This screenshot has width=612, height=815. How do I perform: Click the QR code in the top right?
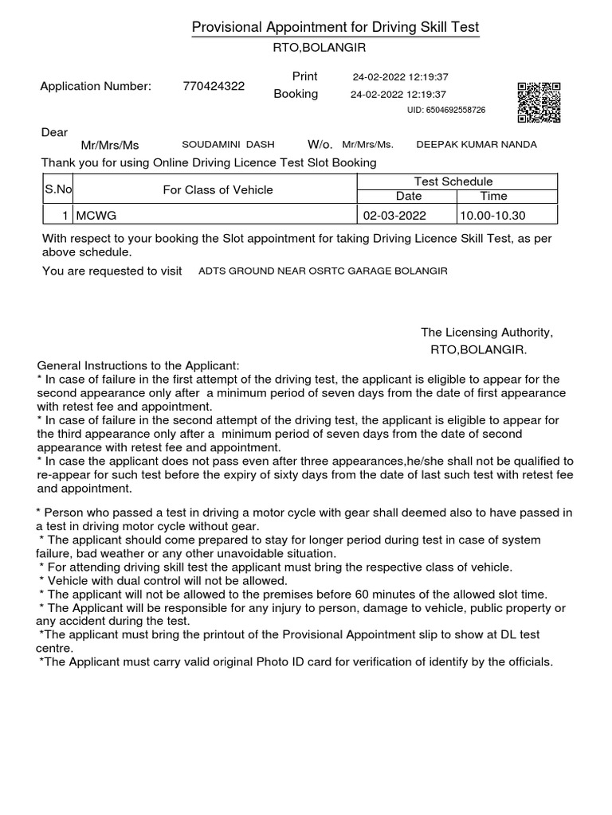point(539,102)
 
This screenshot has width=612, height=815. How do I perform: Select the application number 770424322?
point(214,87)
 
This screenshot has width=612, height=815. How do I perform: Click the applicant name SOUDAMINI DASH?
point(228,145)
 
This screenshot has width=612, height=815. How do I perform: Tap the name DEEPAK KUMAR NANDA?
point(477,145)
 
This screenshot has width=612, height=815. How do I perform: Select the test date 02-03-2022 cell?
point(394,216)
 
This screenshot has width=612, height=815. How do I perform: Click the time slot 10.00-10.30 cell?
point(492,216)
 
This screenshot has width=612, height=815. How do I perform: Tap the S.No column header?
point(57,189)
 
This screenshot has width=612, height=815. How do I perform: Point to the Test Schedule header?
point(453,181)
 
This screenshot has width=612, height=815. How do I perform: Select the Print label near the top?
point(304,76)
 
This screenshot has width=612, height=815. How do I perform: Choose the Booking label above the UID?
point(296,94)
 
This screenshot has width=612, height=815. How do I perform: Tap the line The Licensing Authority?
point(486,333)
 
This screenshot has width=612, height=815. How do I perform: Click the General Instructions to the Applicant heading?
point(138,365)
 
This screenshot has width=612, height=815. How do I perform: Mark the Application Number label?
point(96,87)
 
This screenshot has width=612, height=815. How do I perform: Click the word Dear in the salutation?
point(54,132)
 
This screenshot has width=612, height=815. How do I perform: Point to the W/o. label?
point(320,145)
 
